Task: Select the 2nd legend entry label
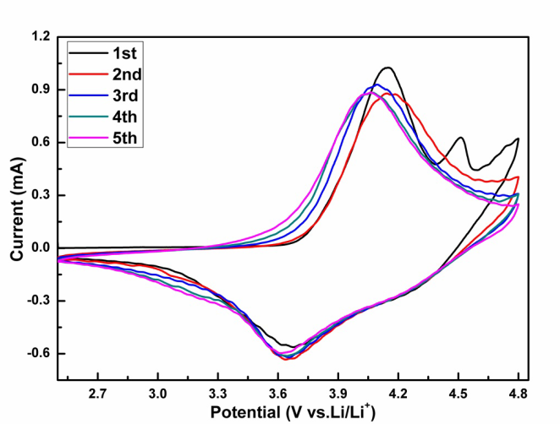126,73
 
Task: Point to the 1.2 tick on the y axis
40,37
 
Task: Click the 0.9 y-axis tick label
40,90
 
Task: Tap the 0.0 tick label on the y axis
40,248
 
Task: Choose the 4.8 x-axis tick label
518,394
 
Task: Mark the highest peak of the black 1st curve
387,68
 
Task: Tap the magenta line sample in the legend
86,136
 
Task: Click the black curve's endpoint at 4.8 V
518,139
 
